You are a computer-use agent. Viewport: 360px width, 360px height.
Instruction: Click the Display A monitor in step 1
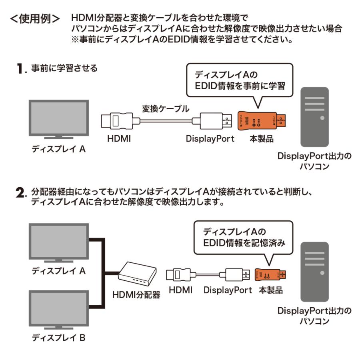[x=59, y=120]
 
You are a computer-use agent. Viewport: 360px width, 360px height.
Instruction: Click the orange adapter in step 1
[x=260, y=119]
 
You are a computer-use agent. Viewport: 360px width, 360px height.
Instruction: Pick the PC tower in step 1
[x=315, y=117]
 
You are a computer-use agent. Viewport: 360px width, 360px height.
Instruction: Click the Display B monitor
[x=59, y=308]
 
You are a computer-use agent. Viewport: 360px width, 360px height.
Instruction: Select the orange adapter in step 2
[x=272, y=274]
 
